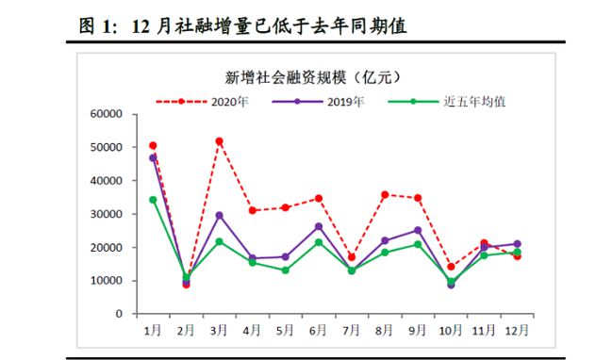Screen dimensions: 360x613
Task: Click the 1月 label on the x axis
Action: (x=153, y=330)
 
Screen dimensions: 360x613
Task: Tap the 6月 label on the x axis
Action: (x=318, y=330)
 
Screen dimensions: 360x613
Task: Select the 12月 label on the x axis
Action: (x=516, y=330)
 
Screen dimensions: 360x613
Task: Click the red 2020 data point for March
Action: (x=219, y=141)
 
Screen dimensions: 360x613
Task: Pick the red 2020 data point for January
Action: (x=153, y=146)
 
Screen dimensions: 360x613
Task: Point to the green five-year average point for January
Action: (x=153, y=200)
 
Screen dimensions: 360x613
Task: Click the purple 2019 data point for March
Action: (x=219, y=215)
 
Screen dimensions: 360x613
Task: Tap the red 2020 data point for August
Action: (x=385, y=194)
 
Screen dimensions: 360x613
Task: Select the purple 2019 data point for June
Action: (x=319, y=226)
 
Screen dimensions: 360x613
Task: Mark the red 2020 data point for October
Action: (x=451, y=267)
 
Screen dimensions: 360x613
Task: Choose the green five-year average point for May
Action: (x=285, y=270)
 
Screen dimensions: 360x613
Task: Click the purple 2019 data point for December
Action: (x=517, y=244)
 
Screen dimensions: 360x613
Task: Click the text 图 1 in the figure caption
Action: (x=92, y=26)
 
